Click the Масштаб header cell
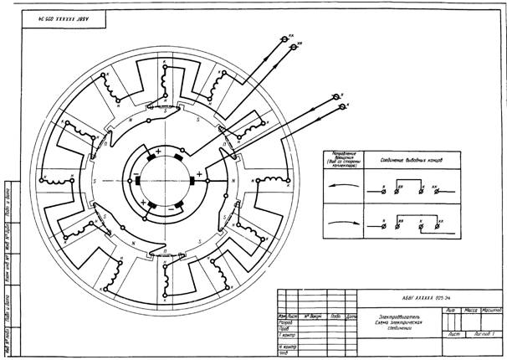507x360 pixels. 490,310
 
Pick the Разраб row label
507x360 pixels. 284,322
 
